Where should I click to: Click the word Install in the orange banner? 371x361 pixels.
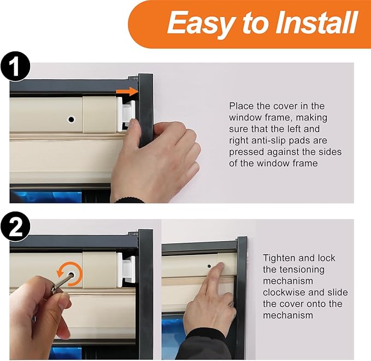coord(317,23)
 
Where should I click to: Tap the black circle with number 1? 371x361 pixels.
coord(15,66)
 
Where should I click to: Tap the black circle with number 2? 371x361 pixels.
coord(15,226)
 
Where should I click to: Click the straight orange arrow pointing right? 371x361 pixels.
coord(127,91)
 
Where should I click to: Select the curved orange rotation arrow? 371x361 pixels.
coord(70,273)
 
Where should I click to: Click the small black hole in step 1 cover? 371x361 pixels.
coord(70,119)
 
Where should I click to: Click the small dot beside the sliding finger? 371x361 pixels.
coord(209,266)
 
